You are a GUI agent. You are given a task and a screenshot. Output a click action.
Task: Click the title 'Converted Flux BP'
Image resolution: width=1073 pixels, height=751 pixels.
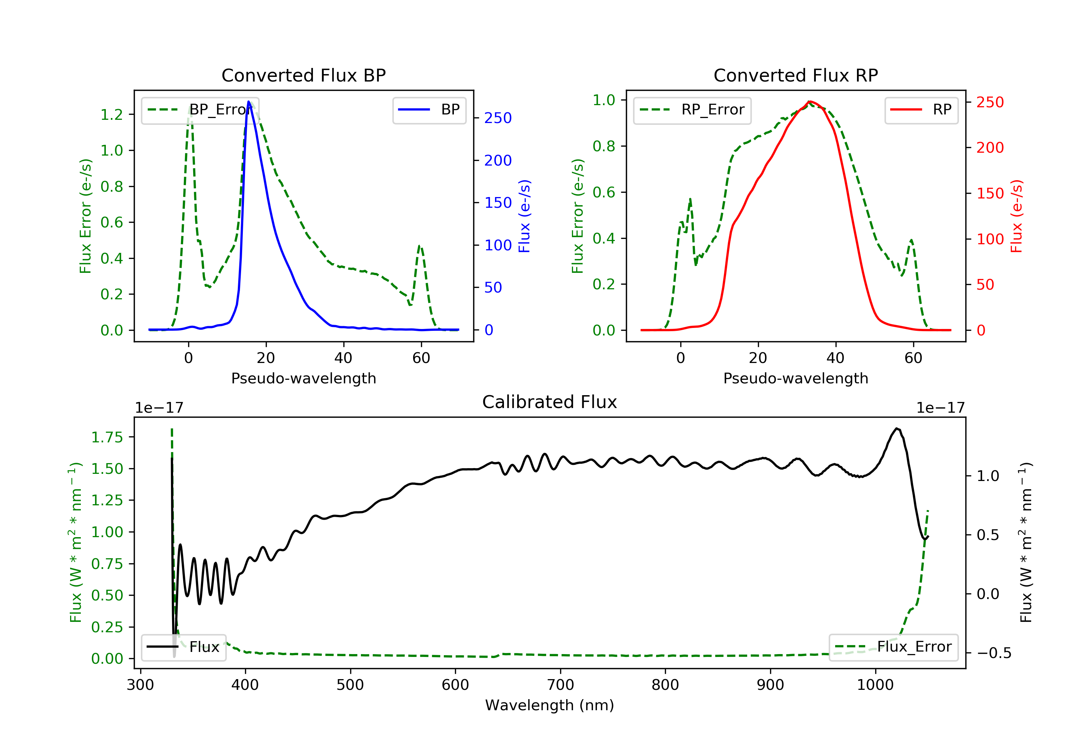point(303,75)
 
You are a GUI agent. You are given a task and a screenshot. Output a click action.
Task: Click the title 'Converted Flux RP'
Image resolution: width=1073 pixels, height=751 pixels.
point(795,75)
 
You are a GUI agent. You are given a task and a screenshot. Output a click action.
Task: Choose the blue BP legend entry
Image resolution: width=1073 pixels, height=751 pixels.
point(429,110)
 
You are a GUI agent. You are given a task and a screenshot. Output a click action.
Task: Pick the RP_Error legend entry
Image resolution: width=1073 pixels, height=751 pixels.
point(692,110)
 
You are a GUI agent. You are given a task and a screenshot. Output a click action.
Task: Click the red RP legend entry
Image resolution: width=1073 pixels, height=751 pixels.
point(921,110)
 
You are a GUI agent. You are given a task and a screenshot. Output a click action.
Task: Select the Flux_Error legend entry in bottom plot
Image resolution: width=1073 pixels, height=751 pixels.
point(893,647)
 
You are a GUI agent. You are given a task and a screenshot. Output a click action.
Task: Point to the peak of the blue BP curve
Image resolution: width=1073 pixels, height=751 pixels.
point(249,102)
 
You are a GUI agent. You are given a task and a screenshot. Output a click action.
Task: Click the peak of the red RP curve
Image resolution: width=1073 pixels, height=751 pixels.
point(809,102)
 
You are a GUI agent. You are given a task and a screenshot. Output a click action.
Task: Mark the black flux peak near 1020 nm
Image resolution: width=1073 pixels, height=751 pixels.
point(896,428)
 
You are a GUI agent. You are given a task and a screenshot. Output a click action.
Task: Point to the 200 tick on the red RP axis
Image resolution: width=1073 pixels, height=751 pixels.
point(990,148)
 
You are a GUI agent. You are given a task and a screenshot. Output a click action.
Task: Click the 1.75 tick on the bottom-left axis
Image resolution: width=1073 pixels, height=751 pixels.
point(107,437)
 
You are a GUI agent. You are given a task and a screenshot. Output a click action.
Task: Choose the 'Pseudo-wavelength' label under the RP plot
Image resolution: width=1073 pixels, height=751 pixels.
point(795,378)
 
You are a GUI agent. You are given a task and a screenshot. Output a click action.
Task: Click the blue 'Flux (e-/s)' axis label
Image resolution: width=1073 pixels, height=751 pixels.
point(524,216)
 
